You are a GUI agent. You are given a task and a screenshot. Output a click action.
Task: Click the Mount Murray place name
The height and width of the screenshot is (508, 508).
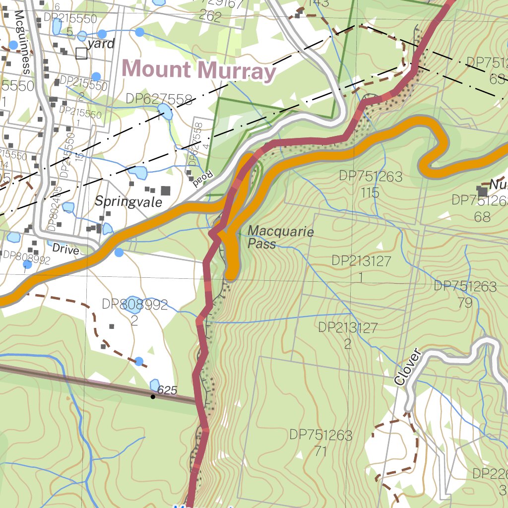pyautogui.click(x=198, y=70)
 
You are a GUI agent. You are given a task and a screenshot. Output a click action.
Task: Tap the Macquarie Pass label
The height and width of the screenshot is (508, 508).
pyautogui.click(x=280, y=237)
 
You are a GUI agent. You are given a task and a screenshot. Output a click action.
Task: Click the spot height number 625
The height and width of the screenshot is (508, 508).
pyautogui.click(x=167, y=390)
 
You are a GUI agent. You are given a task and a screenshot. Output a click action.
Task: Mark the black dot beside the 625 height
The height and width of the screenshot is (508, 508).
pyautogui.click(x=153, y=396)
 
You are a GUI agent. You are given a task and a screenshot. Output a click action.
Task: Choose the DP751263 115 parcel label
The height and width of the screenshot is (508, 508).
pyautogui.click(x=370, y=184)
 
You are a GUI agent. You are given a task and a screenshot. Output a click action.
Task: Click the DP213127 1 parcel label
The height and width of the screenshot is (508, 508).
pyautogui.click(x=361, y=268)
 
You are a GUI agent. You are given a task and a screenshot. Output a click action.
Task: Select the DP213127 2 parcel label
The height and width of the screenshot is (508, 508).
pyautogui.click(x=348, y=335)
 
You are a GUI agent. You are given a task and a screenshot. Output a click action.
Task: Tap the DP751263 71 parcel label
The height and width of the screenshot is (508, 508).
pyautogui.click(x=320, y=443)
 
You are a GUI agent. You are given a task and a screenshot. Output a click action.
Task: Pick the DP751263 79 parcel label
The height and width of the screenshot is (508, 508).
pyautogui.click(x=465, y=294)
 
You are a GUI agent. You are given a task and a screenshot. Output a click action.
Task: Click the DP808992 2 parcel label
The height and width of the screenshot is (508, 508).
pyautogui.click(x=134, y=312)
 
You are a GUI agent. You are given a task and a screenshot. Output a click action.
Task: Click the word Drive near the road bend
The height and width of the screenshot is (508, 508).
pyautogui.click(x=65, y=250)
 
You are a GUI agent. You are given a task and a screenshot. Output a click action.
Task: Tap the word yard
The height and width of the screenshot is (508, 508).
pyautogui.click(x=103, y=44)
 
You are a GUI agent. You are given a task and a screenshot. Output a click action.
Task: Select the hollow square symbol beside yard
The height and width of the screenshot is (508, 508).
pyautogui.click(x=81, y=54)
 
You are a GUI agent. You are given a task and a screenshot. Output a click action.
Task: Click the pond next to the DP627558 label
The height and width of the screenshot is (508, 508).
pyautogui.click(x=165, y=112)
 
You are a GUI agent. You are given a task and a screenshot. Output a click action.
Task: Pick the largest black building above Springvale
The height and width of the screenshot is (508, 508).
pyautogui.click(x=165, y=190)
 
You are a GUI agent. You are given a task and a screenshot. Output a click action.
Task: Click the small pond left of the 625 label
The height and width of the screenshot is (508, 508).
pyautogui.click(x=155, y=384)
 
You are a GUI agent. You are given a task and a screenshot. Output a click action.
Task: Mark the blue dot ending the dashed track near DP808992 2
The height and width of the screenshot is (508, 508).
pyautogui.click(x=139, y=361)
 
